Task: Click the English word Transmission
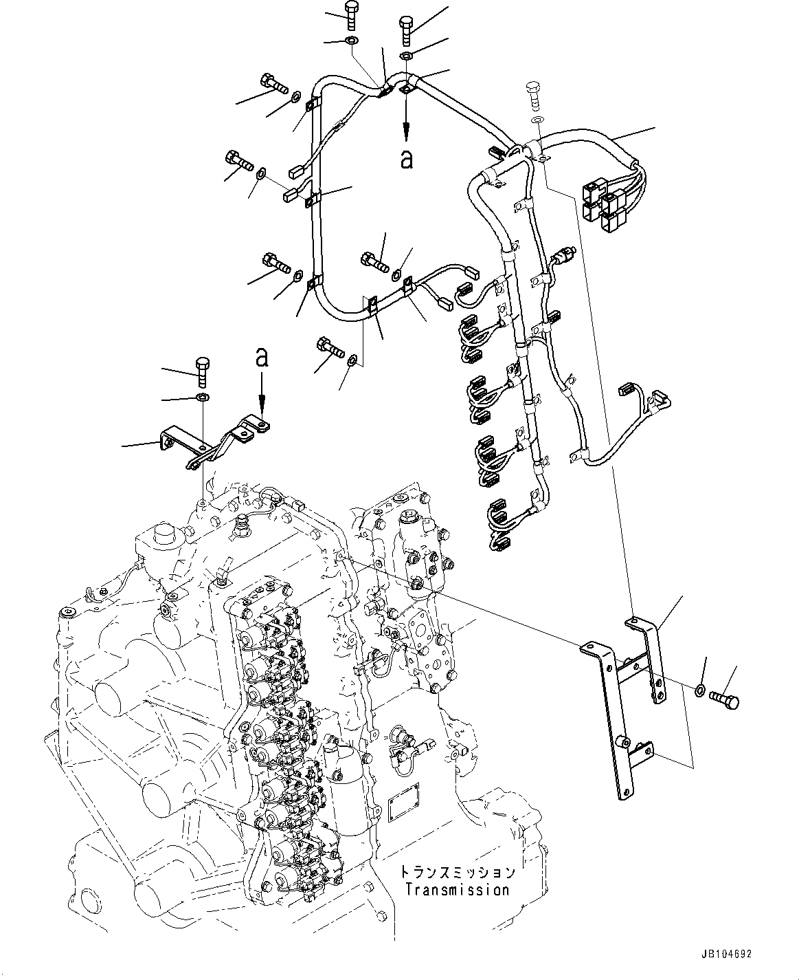pyautogui.click(x=457, y=890)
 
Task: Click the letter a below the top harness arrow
pyautogui.click(x=407, y=160)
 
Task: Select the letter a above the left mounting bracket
pyautogui.click(x=261, y=357)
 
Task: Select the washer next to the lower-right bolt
pyautogui.click(x=699, y=690)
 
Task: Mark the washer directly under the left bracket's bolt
pyautogui.click(x=203, y=398)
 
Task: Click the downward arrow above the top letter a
pyautogui.click(x=407, y=120)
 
